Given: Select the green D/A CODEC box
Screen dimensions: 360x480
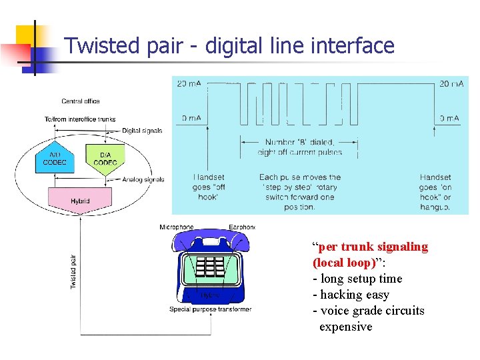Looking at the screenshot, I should [x=105, y=159].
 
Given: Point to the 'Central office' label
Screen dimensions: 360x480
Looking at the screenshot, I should [x=81, y=101].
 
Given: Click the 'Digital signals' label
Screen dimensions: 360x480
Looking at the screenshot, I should [x=142, y=131].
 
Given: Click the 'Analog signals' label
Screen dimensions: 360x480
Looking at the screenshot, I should [x=143, y=179].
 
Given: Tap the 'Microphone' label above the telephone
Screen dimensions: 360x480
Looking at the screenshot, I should [x=177, y=227].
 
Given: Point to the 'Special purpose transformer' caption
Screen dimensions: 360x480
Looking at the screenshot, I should [x=210, y=309].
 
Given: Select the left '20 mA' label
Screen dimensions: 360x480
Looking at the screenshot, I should [x=189, y=84].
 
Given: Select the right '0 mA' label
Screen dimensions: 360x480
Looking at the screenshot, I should [x=449, y=119].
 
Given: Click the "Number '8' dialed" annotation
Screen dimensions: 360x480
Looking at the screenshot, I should [x=299, y=147].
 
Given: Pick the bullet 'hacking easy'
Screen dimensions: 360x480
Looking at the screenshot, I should [x=355, y=295].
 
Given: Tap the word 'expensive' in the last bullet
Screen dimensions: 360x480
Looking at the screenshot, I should [x=345, y=327].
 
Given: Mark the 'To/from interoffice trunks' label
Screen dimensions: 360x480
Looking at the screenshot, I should [x=80, y=119].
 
